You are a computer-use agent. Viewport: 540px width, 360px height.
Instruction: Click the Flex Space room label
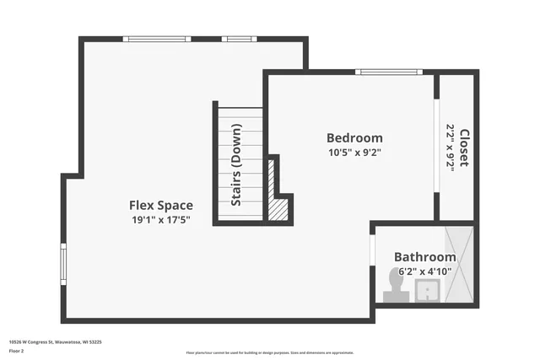[160, 205]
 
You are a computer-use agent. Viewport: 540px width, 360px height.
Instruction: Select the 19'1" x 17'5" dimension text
[160, 220]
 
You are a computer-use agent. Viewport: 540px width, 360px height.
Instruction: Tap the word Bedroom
[354, 137]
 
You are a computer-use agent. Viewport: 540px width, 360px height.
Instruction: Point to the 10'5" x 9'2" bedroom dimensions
[354, 153]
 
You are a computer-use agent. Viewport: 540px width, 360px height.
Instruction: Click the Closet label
[463, 146]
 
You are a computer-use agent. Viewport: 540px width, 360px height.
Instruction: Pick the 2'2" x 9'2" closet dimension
[451, 148]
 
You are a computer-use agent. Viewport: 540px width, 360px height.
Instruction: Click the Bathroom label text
[425, 256]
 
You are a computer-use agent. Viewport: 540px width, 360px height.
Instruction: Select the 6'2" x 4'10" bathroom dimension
[425, 271]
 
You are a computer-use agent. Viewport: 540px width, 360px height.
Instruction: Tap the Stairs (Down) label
[237, 165]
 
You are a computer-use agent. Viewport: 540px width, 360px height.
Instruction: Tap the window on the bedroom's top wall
[389, 72]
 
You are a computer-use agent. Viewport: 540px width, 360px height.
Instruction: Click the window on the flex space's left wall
[63, 263]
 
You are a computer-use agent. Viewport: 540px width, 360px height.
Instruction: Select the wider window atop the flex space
[156, 39]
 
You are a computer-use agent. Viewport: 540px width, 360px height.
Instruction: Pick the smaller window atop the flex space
[239, 39]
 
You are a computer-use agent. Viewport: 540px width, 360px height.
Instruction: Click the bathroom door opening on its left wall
[372, 250]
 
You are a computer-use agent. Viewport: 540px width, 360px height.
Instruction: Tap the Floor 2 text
[16, 352]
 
